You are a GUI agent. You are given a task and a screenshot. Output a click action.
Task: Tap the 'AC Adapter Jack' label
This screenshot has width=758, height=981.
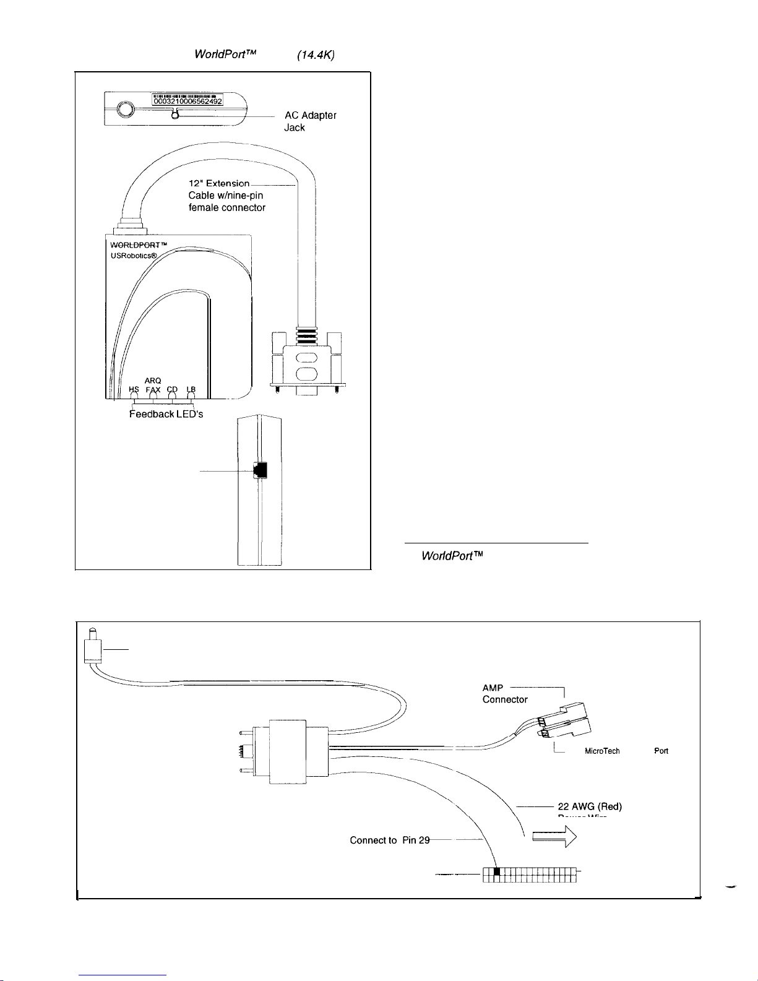tap(310, 121)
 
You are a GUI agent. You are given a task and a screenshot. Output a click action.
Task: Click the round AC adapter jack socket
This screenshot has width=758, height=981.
tap(124, 110)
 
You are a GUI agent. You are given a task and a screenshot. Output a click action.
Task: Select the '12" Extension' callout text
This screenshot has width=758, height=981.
tap(219, 183)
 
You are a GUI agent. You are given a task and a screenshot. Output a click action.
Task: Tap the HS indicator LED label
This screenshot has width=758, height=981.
tap(134, 389)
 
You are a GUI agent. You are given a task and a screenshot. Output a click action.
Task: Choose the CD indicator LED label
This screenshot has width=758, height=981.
tap(172, 389)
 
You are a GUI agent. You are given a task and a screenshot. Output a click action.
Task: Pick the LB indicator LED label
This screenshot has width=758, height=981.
tap(191, 389)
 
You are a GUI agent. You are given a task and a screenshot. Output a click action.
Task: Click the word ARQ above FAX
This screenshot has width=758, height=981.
tap(153, 380)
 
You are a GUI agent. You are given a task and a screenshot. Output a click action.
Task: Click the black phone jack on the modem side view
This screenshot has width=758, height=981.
tap(261, 470)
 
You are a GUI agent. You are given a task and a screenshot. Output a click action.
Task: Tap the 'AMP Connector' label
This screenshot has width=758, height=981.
tap(504, 693)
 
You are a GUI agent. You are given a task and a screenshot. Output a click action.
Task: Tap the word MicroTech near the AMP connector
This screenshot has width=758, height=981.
tap(602, 751)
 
